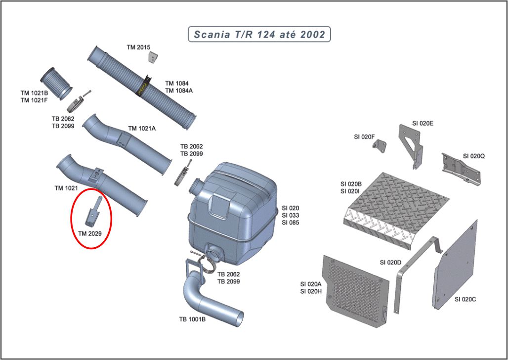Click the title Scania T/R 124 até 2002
(x=259, y=34)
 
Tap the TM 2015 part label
(x=138, y=47)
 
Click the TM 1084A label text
(x=179, y=90)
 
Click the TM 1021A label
(x=142, y=129)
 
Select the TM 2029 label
(x=90, y=233)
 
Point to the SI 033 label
(x=290, y=215)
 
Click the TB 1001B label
(x=192, y=319)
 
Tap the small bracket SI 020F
(x=380, y=145)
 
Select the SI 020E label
(x=423, y=123)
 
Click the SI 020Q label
(x=474, y=156)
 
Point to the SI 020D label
(x=391, y=262)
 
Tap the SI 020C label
(x=465, y=299)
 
